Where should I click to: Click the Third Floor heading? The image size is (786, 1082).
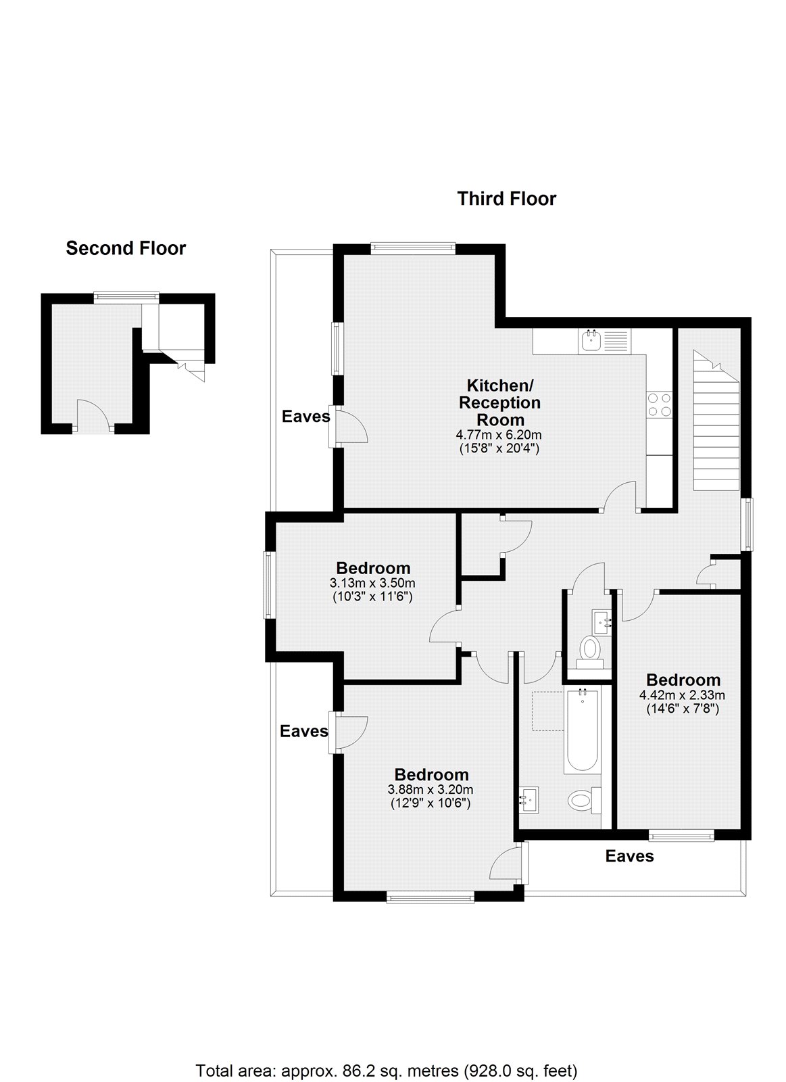pos(506,199)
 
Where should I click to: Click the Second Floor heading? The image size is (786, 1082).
pos(126,248)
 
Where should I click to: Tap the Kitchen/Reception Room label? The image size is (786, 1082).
pos(500,402)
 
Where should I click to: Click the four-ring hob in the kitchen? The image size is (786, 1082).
pos(660,404)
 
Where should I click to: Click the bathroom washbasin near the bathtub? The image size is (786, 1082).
pos(529,800)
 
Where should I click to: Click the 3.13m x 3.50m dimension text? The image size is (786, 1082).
pos(372,583)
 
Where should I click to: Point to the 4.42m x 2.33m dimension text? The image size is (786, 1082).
pos(683,695)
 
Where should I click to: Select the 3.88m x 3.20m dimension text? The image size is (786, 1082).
pos(431,790)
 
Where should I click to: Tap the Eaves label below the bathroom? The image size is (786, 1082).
pos(629,856)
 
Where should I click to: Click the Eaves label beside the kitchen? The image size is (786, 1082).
pos(306,417)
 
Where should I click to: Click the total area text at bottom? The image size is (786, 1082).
pos(387,1052)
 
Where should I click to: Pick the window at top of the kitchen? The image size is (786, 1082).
pos(413,248)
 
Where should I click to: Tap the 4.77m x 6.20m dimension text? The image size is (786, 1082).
pos(499,435)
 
